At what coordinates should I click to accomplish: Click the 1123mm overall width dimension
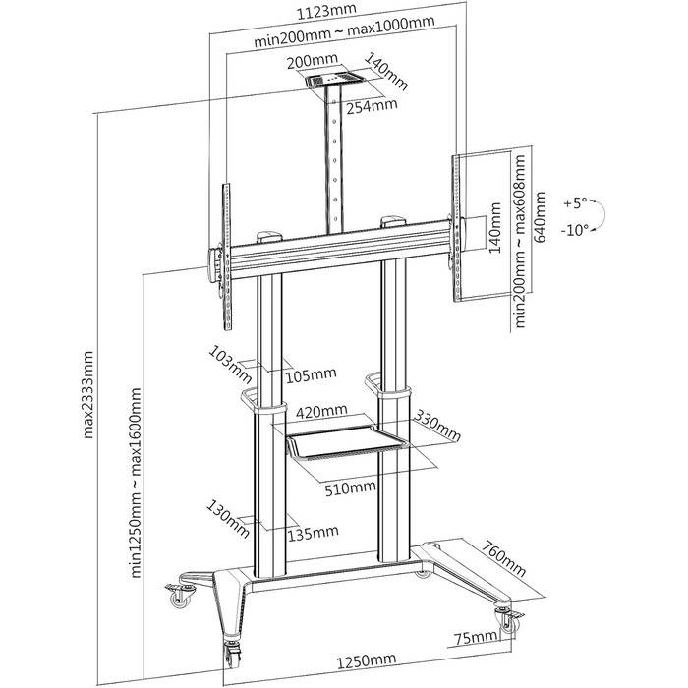click(x=326, y=11)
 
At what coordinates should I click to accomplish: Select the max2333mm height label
click(x=88, y=394)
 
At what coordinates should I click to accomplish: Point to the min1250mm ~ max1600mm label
click(x=137, y=483)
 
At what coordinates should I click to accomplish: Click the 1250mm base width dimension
click(x=367, y=660)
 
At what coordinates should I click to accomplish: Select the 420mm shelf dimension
click(x=321, y=411)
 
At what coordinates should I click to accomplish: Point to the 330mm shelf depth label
click(x=437, y=426)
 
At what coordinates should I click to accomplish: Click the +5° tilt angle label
click(x=575, y=203)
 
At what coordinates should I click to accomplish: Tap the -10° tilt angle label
click(x=574, y=230)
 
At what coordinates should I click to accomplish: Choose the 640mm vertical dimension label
click(x=540, y=217)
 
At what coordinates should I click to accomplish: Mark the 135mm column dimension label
click(x=314, y=533)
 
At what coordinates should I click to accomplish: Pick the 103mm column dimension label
click(x=230, y=365)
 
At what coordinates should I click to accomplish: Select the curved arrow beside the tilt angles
click(x=602, y=216)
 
